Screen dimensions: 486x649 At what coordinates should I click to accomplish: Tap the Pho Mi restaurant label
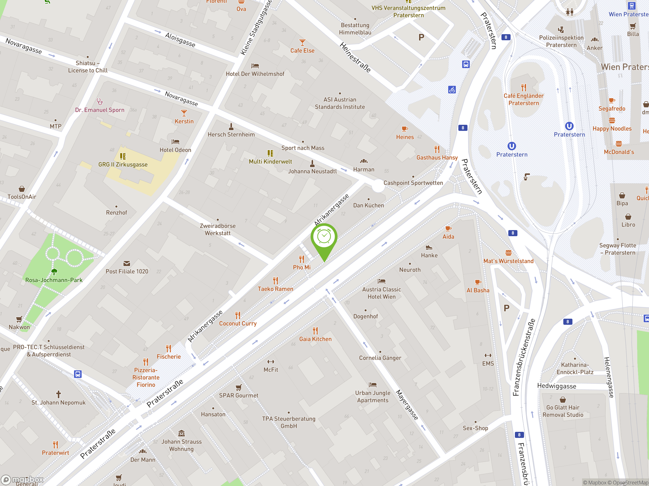[302, 267]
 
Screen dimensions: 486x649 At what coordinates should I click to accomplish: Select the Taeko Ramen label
[275, 289]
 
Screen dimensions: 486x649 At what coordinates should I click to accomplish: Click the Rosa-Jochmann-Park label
[54, 280]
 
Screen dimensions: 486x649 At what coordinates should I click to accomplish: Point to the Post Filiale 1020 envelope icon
[127, 263]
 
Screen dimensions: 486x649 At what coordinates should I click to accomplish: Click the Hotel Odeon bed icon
[175, 142]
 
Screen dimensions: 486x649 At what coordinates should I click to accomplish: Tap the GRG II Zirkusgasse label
[123, 165]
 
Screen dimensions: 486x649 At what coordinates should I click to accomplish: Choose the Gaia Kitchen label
[315, 339]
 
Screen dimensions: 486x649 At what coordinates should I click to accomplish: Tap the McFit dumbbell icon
[271, 362]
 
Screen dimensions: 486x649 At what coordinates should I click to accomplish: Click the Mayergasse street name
[407, 404]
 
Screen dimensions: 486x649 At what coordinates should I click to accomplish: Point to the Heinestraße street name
[355, 57]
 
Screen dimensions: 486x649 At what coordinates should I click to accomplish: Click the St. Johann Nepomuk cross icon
[58, 394]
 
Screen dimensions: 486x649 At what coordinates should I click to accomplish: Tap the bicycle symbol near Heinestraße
[452, 90]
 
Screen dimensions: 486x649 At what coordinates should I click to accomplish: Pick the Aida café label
[448, 237]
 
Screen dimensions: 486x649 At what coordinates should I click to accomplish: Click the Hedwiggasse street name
[556, 386]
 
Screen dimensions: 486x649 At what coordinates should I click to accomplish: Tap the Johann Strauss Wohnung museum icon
[181, 433]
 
